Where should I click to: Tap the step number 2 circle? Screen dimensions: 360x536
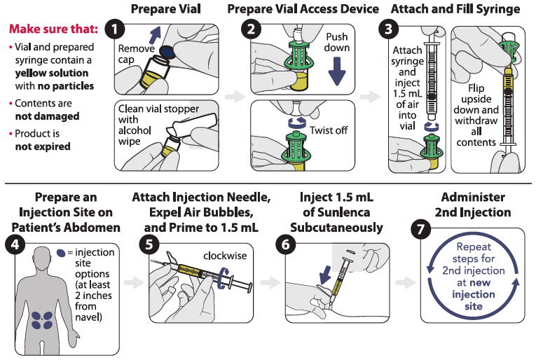click(x=250, y=32)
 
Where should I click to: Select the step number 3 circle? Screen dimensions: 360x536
click(x=387, y=32)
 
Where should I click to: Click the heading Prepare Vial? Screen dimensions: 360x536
click(x=165, y=10)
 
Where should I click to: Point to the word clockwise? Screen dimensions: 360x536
click(x=225, y=255)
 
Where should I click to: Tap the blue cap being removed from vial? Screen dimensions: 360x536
click(x=167, y=50)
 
